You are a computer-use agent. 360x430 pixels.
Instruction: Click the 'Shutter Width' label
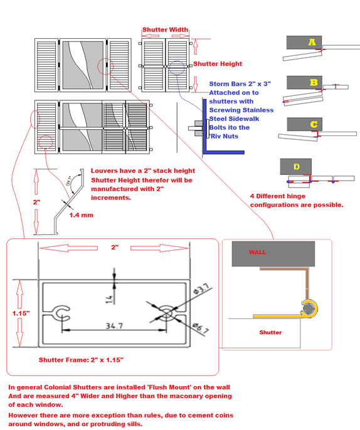(x=166, y=29)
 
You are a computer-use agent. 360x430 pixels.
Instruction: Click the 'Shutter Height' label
(x=217, y=64)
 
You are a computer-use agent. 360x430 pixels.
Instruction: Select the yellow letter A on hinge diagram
(x=311, y=43)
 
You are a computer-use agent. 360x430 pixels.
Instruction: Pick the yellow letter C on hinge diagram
(x=313, y=124)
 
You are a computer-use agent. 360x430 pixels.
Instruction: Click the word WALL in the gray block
(x=258, y=253)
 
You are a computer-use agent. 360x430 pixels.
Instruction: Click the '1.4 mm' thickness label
(x=82, y=215)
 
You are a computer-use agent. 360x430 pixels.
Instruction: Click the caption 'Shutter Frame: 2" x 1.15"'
(x=81, y=360)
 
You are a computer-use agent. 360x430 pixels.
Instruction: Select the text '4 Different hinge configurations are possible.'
(x=296, y=199)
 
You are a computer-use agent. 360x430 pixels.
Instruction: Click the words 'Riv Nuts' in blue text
(x=225, y=136)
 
